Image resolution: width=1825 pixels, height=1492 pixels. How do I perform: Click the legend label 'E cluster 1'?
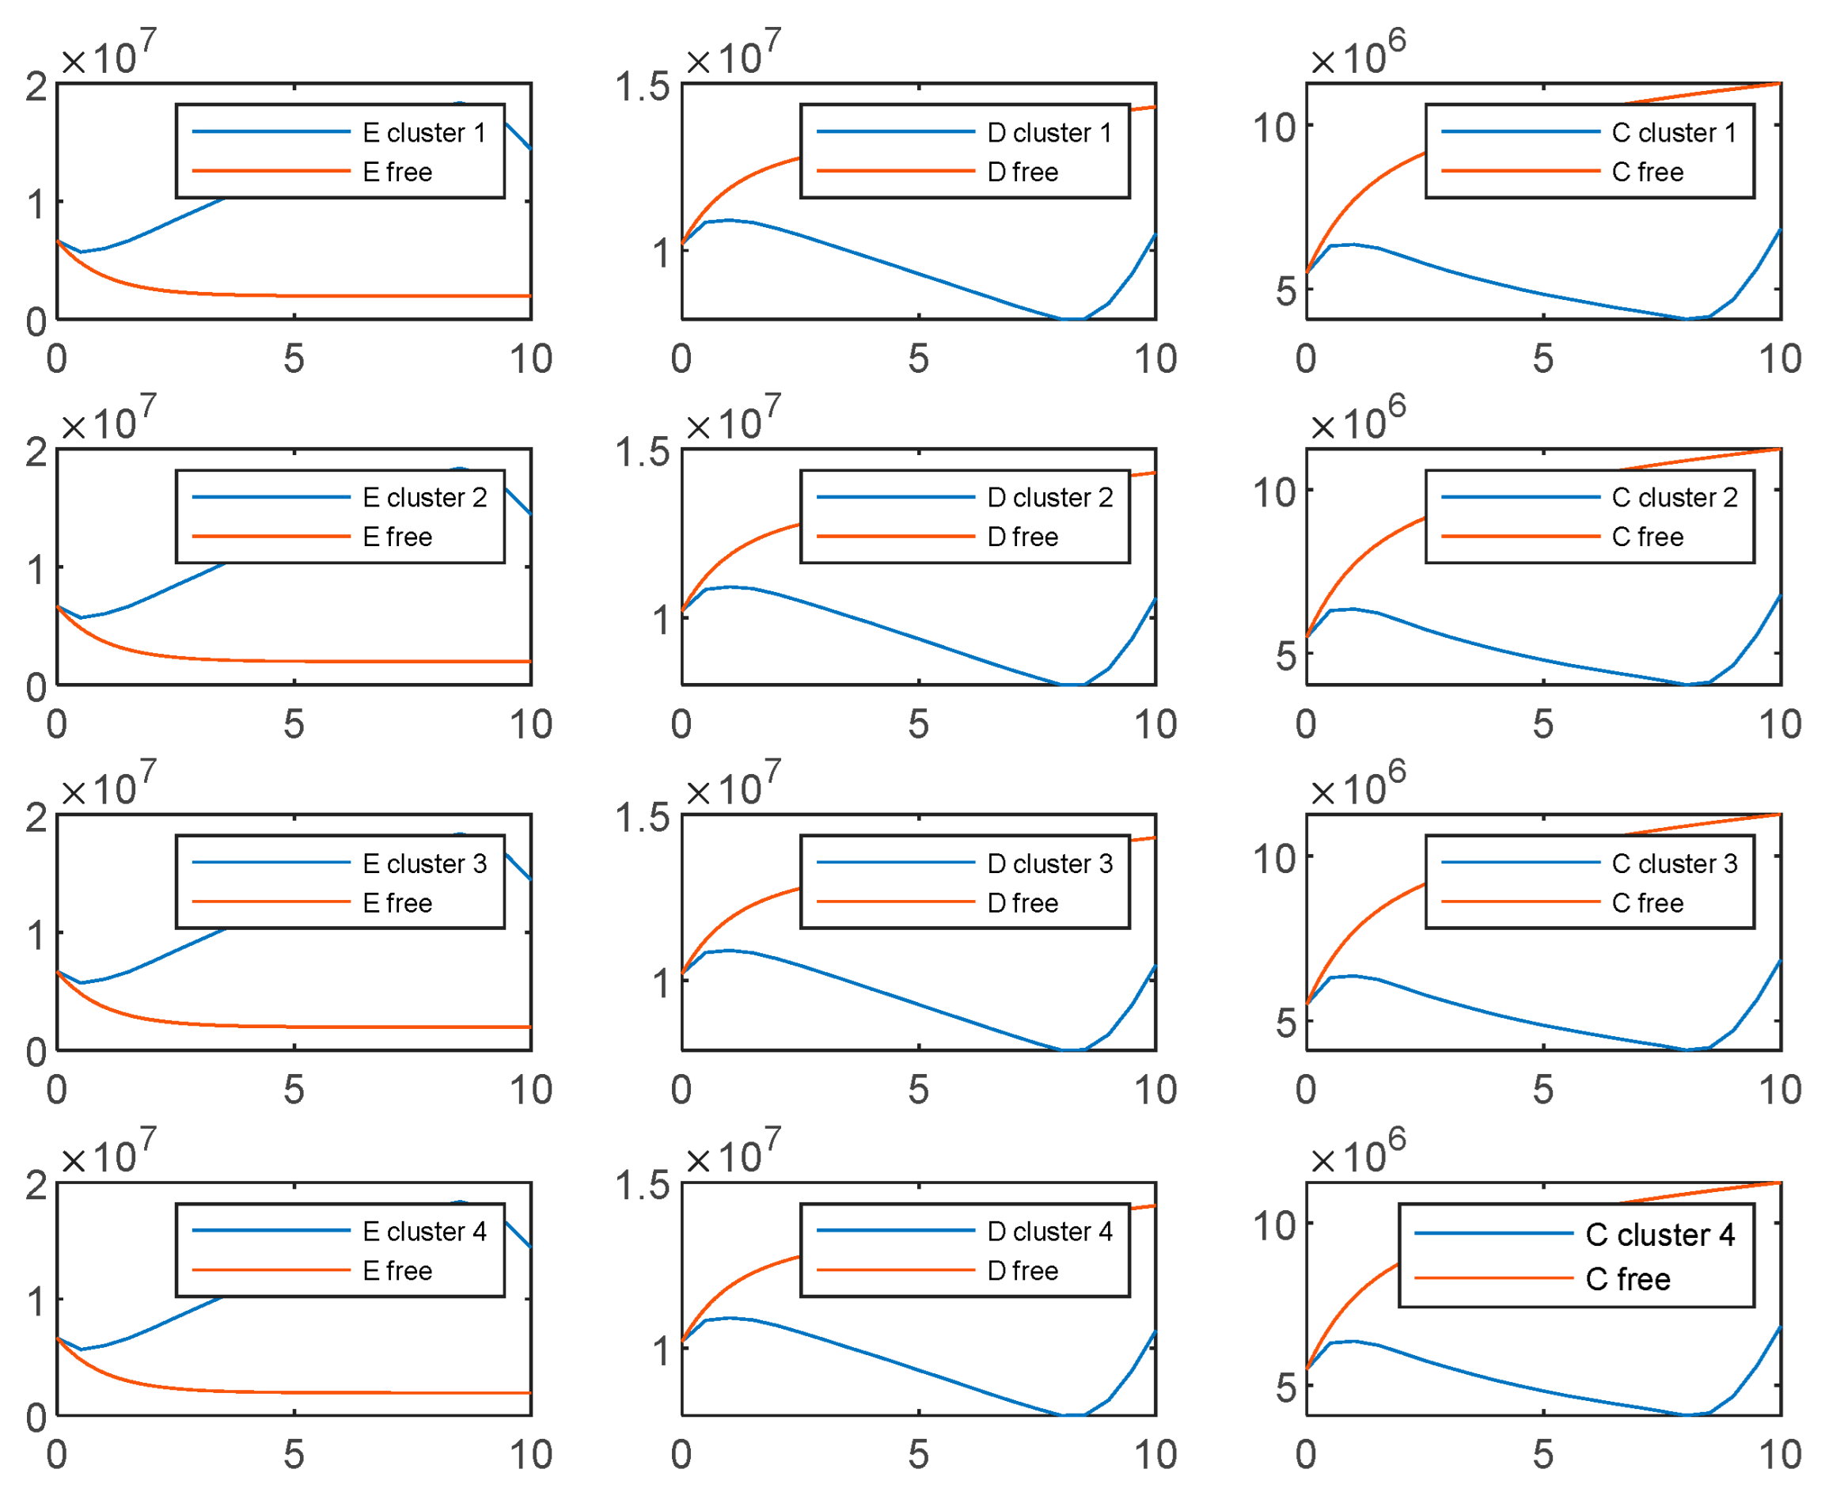[423, 132]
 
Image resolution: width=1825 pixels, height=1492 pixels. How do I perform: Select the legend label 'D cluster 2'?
[1049, 498]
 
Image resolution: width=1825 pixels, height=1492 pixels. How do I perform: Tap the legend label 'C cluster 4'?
[1659, 1235]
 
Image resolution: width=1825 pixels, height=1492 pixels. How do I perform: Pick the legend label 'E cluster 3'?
[423, 864]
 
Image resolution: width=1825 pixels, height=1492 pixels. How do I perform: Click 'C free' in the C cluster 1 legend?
[1646, 172]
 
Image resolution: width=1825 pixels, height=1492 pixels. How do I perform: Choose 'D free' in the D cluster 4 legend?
[1022, 1271]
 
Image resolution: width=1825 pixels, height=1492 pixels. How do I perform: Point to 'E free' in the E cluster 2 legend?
[397, 537]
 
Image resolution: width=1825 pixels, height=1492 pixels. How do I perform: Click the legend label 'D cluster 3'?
[1049, 864]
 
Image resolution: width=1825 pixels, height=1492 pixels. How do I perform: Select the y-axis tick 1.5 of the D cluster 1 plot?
[642, 87]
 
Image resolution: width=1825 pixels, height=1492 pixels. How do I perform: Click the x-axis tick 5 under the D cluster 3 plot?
[919, 1090]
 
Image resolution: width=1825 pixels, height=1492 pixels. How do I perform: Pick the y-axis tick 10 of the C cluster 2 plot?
[1273, 492]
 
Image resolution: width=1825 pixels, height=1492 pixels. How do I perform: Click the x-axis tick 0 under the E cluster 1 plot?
[57, 359]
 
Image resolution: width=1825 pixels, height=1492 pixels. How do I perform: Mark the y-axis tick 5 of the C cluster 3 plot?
[1284, 1023]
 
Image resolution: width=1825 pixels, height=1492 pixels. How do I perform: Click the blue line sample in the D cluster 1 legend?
[895, 132]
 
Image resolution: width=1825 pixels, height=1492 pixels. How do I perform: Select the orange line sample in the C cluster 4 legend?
[1493, 1279]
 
